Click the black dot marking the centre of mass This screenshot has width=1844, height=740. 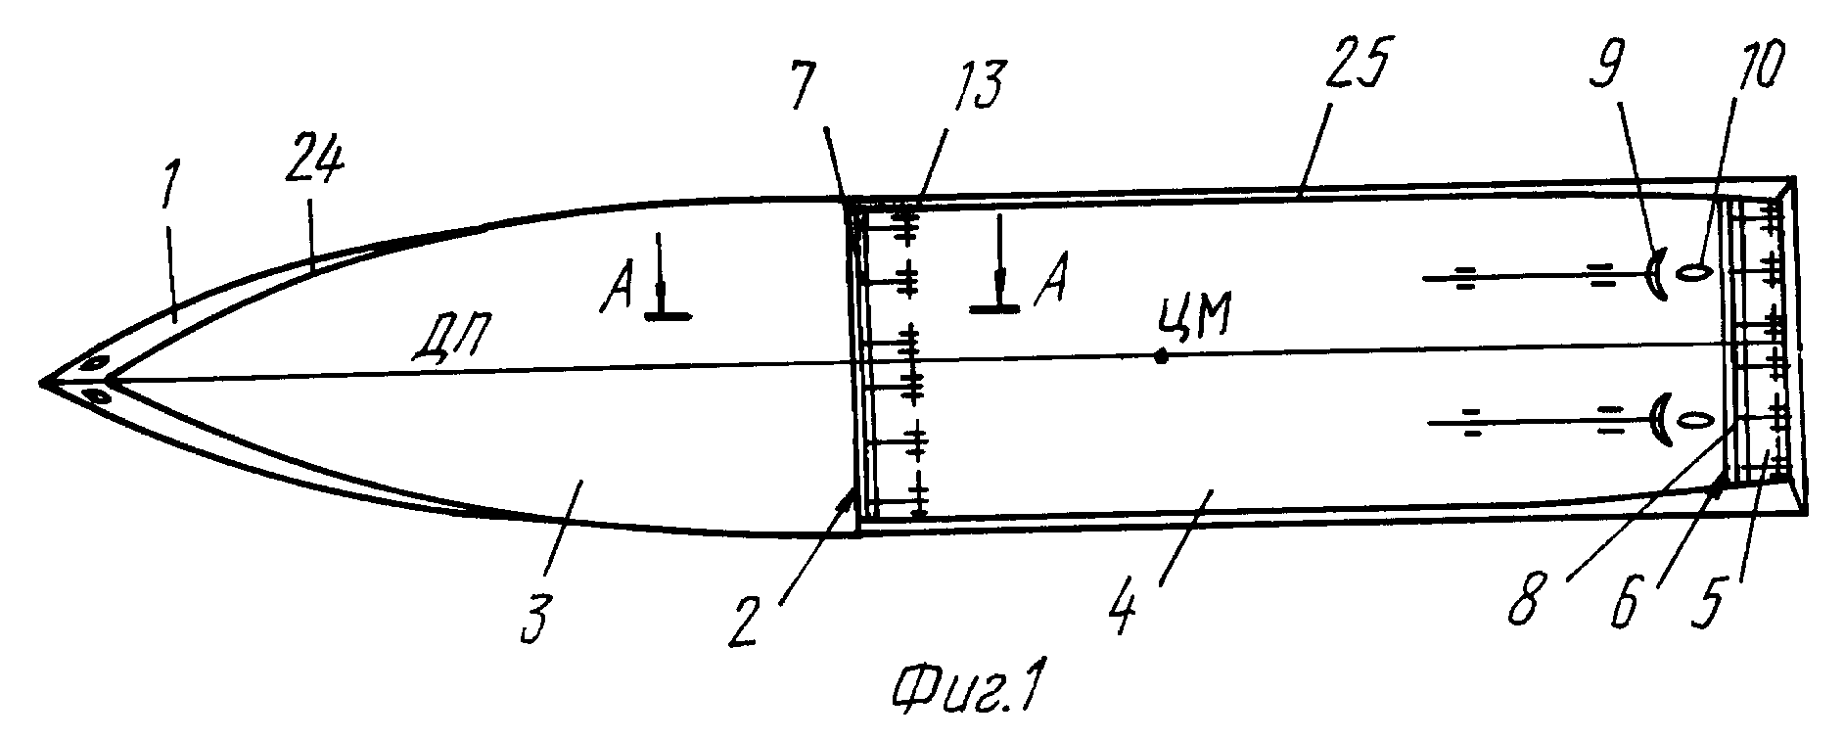click(1161, 356)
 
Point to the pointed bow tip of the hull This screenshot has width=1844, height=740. click(41, 381)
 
